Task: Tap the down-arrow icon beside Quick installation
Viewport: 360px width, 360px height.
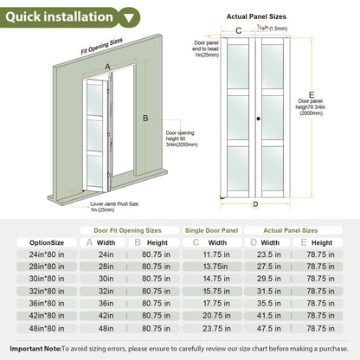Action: pos(129,16)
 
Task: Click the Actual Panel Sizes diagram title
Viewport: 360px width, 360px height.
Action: pos(257,16)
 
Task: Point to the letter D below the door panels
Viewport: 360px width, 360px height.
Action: pos(255,205)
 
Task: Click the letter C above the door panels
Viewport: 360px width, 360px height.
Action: pos(238,30)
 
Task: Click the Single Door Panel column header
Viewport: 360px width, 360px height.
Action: pos(212,230)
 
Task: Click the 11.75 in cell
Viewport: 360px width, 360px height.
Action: pos(215,255)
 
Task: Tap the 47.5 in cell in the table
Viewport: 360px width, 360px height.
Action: pos(271,328)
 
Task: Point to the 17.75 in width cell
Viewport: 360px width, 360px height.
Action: pos(215,304)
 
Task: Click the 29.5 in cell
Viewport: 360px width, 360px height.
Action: pos(271,280)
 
